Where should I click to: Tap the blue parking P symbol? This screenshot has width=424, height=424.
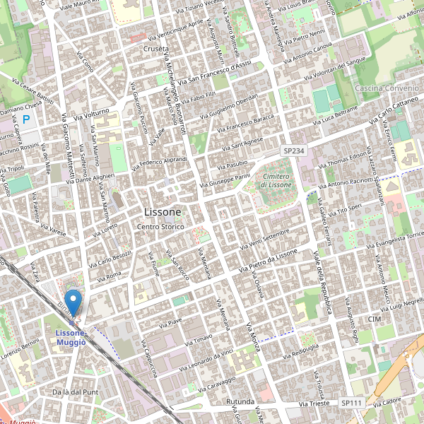click(x=27, y=120)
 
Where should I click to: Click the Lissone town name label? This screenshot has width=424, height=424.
click(x=163, y=212)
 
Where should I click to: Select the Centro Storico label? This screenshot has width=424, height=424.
click(x=160, y=226)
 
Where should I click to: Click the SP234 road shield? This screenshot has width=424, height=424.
click(x=293, y=151)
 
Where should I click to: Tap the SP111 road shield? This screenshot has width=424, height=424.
click(x=351, y=403)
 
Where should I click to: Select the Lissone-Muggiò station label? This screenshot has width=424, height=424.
click(x=70, y=337)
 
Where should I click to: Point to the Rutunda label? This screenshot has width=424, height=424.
click(x=240, y=402)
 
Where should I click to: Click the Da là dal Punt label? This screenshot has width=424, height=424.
click(x=75, y=391)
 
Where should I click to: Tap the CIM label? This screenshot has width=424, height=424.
click(x=375, y=320)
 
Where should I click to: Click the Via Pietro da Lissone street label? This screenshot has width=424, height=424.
click(x=268, y=261)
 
